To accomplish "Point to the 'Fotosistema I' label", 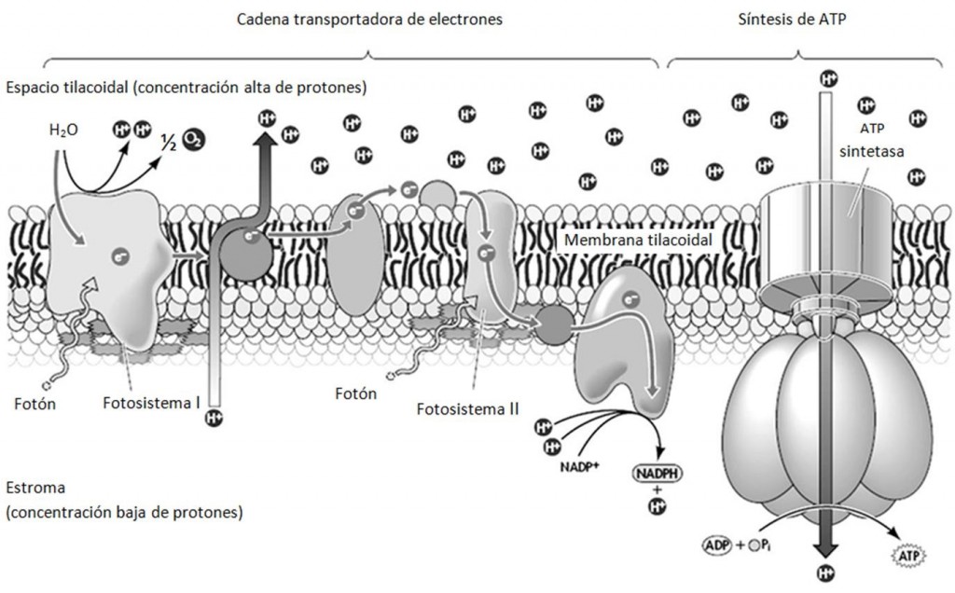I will tap(155, 404).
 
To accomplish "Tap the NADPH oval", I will tap(657, 474).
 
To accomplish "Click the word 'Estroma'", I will tap(34, 489).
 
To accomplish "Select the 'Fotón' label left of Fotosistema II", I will tap(356, 393).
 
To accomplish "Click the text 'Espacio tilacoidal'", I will tap(62, 88).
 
